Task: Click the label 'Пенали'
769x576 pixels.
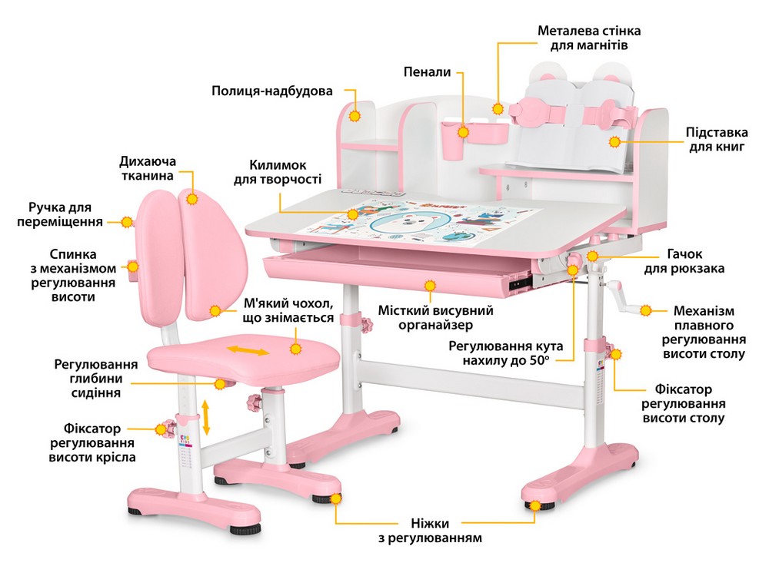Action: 427,72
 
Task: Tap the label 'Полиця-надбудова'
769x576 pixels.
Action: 272,91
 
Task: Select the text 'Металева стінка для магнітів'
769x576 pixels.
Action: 589,38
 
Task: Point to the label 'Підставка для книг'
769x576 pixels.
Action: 717,140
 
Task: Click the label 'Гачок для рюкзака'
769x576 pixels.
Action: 684,261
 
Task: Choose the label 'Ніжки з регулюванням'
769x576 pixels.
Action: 430,531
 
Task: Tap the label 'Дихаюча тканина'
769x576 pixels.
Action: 147,168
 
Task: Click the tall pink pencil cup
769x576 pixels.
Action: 453,141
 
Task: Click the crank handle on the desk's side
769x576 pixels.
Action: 623,296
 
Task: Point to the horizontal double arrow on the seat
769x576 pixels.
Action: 248,350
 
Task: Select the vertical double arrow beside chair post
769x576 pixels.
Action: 206,417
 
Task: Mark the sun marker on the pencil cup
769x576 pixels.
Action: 463,132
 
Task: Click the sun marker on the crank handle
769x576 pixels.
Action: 646,310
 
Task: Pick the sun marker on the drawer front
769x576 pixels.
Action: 430,285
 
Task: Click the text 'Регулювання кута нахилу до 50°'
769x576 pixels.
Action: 506,353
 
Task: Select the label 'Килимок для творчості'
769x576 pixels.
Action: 278,172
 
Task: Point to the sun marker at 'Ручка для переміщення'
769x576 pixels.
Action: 128,222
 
